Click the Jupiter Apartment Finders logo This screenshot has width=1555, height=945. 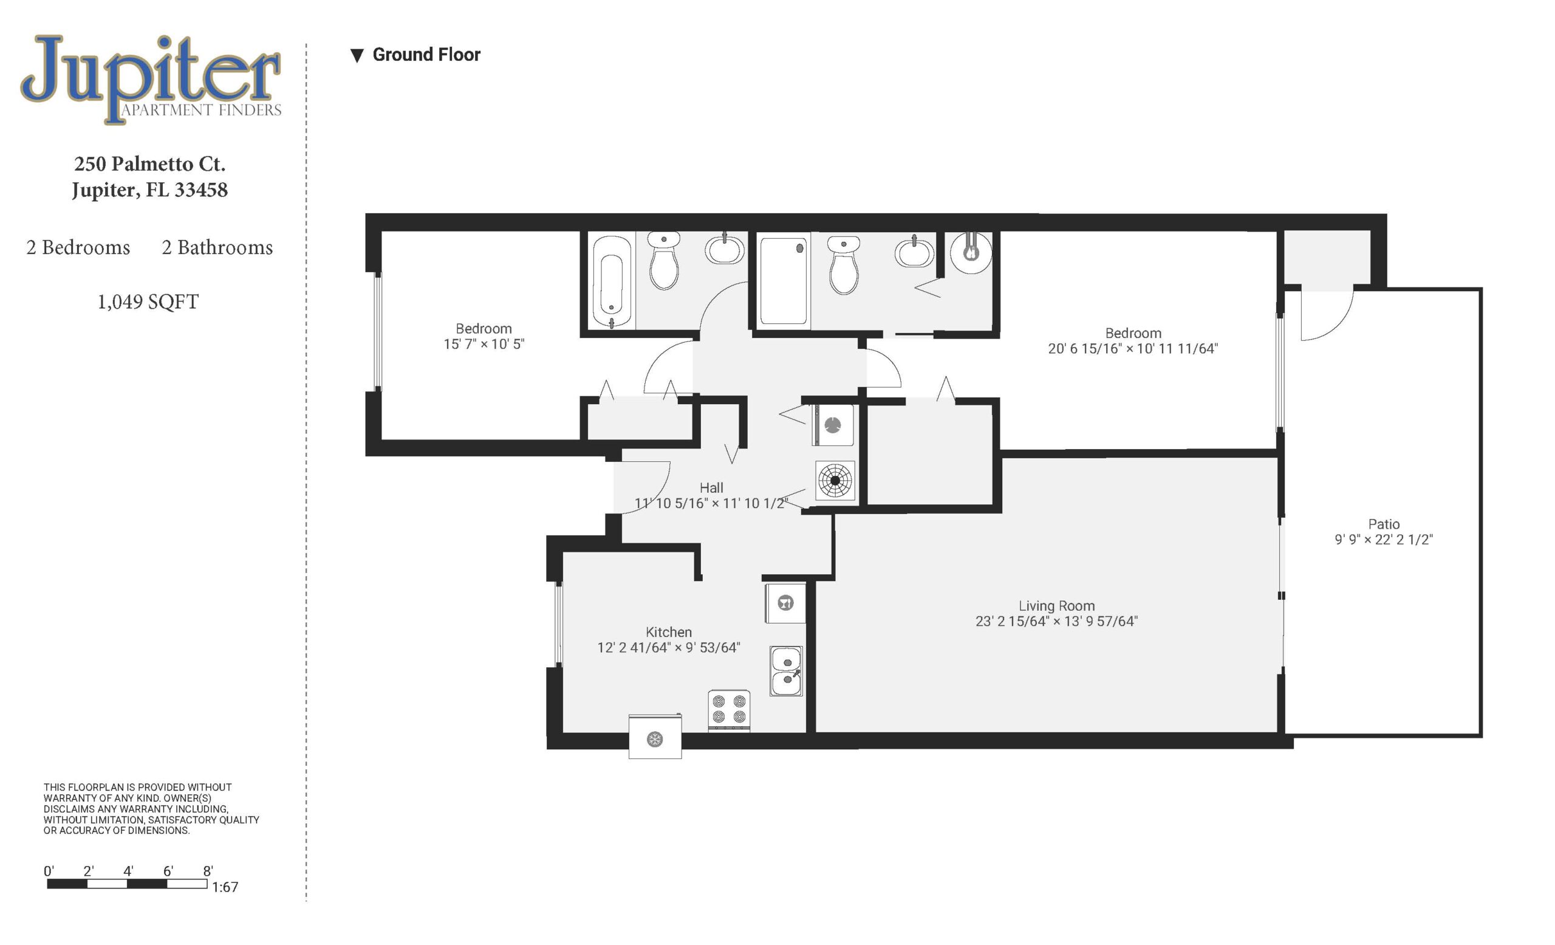tap(151, 79)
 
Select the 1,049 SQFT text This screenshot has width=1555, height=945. tap(148, 302)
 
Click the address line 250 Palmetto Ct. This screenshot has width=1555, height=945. tap(149, 164)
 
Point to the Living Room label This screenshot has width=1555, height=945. tap(1056, 606)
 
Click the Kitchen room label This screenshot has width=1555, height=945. tap(668, 632)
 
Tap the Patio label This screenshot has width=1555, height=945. tap(1384, 524)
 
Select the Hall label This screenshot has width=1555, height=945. tap(711, 488)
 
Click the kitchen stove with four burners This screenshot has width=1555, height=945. tap(729, 711)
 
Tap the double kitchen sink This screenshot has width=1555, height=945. tap(787, 671)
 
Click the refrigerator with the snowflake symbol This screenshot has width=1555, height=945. tap(655, 737)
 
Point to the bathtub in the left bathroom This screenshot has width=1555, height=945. tap(612, 282)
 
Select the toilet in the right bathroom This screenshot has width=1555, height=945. tap(844, 265)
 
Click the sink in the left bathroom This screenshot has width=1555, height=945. tap(725, 249)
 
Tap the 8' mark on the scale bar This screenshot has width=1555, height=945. tap(208, 871)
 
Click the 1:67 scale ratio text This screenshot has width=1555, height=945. tap(225, 887)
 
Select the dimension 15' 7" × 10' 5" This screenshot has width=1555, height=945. tap(484, 344)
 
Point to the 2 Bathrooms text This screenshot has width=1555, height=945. tap(217, 247)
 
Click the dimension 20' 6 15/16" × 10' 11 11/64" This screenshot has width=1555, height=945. tap(1133, 348)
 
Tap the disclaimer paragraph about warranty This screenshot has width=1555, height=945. tap(151, 809)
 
